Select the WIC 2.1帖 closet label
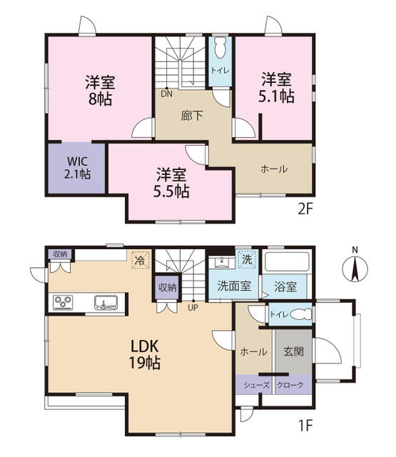coord(75,167)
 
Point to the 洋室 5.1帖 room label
coord(277,88)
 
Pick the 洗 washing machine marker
coord(246,259)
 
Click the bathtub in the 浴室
coord(285,262)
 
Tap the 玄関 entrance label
coord(293,351)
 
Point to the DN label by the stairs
coord(166,93)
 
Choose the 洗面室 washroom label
coord(233,286)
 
